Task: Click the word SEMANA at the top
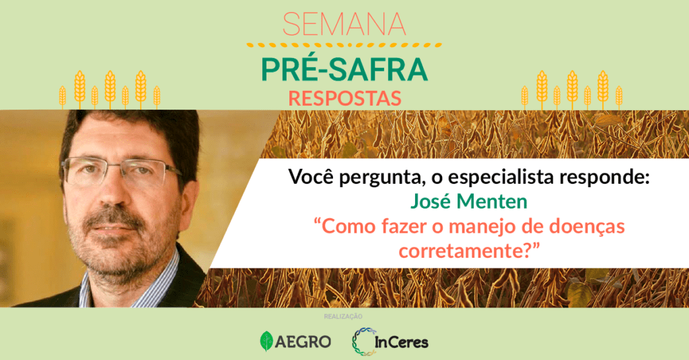[344, 24]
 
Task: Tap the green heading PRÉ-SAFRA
[344, 69]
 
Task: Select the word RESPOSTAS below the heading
[345, 98]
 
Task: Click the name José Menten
[469, 201]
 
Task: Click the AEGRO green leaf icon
[266, 341]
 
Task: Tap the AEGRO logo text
[303, 342]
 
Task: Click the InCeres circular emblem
[363, 342]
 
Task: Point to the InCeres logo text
[402, 343]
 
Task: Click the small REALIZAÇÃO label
[343, 316]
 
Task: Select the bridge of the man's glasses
[108, 168]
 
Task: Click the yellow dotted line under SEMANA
[344, 45]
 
